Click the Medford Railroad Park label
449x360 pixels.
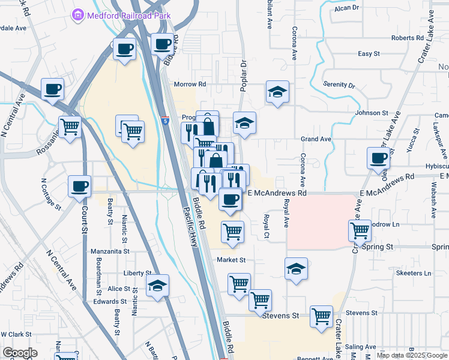pyautogui.click(x=129, y=16)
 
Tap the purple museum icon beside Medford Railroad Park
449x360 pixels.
pyautogui.click(x=77, y=16)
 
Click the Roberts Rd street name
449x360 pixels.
pyautogui.click(x=408, y=38)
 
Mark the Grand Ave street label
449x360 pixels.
pyautogui.click(x=316, y=139)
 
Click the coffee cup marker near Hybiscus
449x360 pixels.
pyautogui.click(x=378, y=158)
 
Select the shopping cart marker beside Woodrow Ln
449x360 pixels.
pyautogui.click(x=360, y=230)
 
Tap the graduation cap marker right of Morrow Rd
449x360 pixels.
pyautogui.click(x=277, y=92)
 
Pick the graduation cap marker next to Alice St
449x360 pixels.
pyautogui.click(x=157, y=286)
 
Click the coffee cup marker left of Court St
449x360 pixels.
pyautogui.click(x=79, y=186)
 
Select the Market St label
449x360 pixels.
pyautogui.click(x=232, y=260)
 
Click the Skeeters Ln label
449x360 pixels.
pyautogui.click(x=414, y=273)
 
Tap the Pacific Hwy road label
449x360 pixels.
pyautogui.click(x=190, y=224)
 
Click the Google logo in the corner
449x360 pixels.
pyautogui.click(x=20, y=352)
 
